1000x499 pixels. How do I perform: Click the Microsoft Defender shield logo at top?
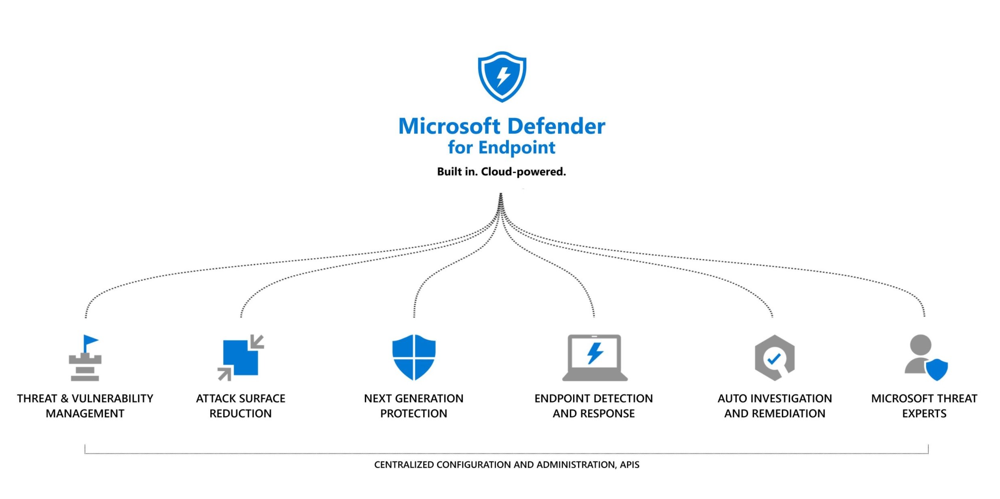point(502,76)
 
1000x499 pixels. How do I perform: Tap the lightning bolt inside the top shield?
point(503,76)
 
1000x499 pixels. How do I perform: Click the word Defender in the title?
point(556,126)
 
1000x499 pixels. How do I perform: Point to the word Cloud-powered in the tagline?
point(523,172)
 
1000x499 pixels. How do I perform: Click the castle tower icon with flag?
point(85,358)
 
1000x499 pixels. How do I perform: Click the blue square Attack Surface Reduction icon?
point(241,357)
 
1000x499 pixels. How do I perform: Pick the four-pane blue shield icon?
point(414,357)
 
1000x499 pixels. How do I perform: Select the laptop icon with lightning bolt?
point(595,357)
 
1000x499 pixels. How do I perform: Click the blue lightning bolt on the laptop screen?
point(595,353)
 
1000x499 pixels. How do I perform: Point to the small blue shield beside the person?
point(937,369)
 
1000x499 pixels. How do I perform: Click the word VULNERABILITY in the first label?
point(112,399)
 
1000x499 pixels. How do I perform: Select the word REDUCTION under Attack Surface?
point(241,414)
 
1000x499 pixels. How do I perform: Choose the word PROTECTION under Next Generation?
point(414,414)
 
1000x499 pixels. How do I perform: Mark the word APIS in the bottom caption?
point(630,465)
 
